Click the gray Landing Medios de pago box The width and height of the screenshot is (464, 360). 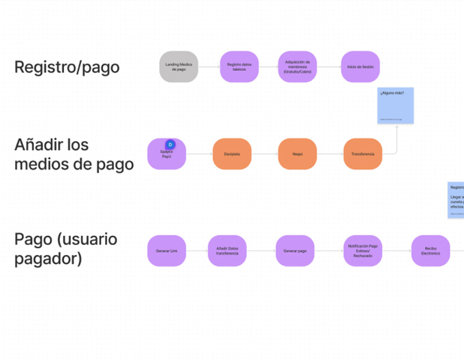(x=179, y=67)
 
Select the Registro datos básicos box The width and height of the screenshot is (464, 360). (x=239, y=67)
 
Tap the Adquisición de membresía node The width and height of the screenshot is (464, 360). (x=298, y=67)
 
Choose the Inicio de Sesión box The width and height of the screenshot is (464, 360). (x=360, y=67)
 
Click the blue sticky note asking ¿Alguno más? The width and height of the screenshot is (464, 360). (x=396, y=105)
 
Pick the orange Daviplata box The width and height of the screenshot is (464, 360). (x=232, y=154)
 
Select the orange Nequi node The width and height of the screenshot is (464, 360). (x=298, y=154)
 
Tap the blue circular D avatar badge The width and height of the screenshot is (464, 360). (x=171, y=145)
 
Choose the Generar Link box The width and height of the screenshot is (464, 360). (x=167, y=252)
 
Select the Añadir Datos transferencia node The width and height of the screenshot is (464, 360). (x=227, y=252)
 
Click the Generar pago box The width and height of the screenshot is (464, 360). (x=295, y=252)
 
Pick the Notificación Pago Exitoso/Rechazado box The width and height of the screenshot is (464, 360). (x=363, y=252)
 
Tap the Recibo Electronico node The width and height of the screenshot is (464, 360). (x=431, y=252)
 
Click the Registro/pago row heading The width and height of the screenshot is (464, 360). (x=67, y=67)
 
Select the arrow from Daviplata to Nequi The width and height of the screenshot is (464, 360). (x=265, y=154)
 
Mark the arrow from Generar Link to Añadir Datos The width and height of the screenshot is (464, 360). (x=197, y=252)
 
